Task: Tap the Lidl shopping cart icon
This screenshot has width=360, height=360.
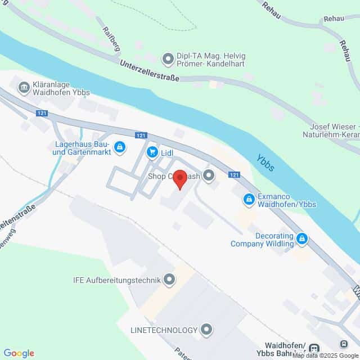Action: pyautogui.click(x=152, y=152)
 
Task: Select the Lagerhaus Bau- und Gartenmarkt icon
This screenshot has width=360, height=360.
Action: pyautogui.click(x=119, y=147)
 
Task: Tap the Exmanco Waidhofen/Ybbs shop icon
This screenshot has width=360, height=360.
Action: pyautogui.click(x=248, y=199)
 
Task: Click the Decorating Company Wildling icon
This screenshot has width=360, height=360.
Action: pyautogui.click(x=303, y=238)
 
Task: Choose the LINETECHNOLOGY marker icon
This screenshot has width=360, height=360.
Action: pyautogui.click(x=207, y=328)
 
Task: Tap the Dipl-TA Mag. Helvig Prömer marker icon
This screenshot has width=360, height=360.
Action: pyautogui.click(x=167, y=58)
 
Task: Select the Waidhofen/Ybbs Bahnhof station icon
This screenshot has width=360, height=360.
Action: pyautogui.click(x=314, y=349)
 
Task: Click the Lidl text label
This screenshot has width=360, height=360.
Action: pyautogui.click(x=166, y=152)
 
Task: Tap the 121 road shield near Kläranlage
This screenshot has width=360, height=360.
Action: pyautogui.click(x=40, y=113)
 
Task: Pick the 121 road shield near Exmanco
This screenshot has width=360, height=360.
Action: pyautogui.click(x=235, y=175)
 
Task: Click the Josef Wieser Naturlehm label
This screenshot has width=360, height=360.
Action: pyautogui.click(x=335, y=131)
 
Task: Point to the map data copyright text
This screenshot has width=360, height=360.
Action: pyautogui.click(x=325, y=356)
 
